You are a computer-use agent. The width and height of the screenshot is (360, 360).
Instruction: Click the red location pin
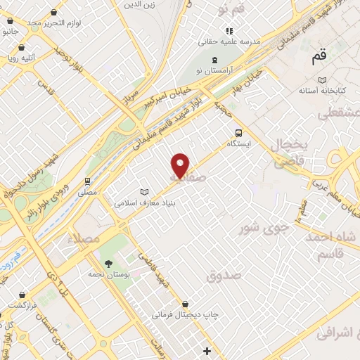181,165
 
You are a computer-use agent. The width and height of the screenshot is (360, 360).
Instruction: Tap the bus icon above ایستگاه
238,131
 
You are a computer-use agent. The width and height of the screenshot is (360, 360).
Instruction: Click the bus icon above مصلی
88,180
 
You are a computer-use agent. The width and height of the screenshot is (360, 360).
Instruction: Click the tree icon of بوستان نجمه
108,263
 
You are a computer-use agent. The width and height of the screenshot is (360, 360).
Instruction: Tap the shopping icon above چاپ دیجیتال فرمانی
185,304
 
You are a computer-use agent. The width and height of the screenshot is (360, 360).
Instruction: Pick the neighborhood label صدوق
224,275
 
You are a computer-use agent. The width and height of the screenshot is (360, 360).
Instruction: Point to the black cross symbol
207,350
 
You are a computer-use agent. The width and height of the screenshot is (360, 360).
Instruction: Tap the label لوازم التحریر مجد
53,22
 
